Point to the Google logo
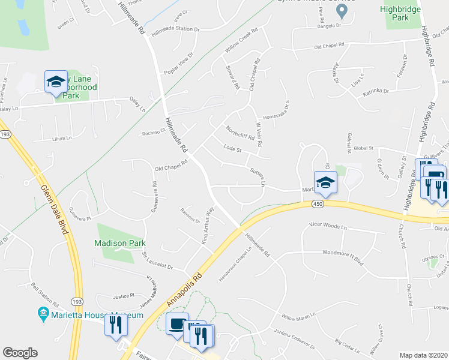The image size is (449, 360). pyautogui.click(x=20, y=353)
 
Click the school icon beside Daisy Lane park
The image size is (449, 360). pyautogui.click(x=56, y=82)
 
